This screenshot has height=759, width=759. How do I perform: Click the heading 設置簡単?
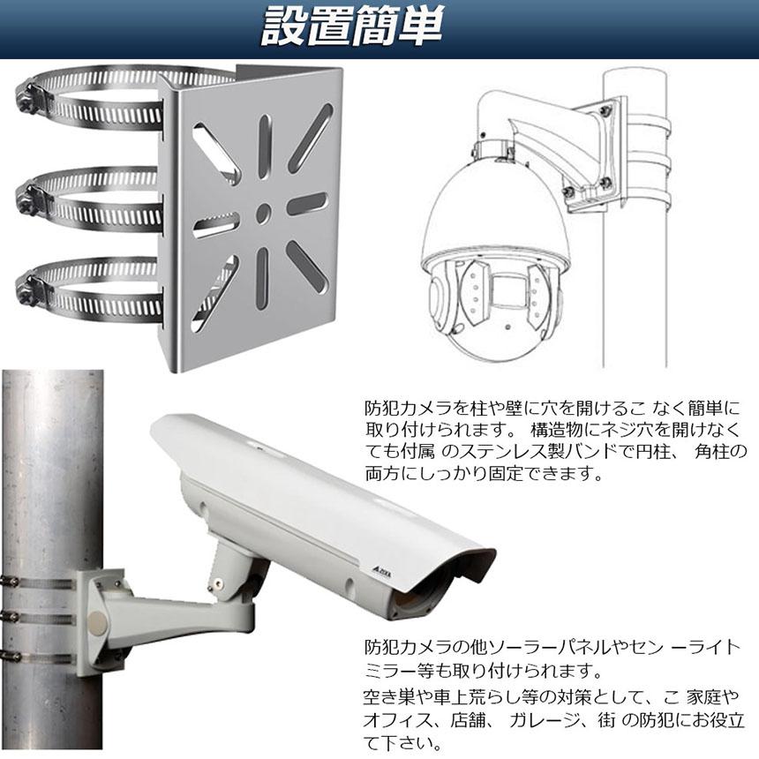pos(352,29)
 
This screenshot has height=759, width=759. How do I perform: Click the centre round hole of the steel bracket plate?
pos(263,212)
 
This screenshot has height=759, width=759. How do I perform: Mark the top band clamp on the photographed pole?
pos(40,580)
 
